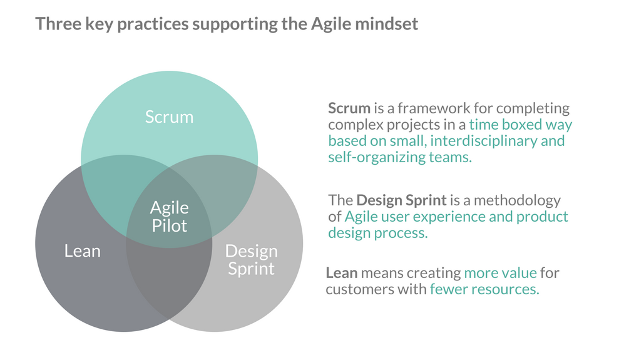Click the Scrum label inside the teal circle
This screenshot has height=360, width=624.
(169, 117)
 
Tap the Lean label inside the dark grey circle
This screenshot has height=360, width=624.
(83, 251)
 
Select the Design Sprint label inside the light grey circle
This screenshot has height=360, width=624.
(251, 260)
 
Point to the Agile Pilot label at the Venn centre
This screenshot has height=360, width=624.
(169, 217)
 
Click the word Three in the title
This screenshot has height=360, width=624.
(58, 24)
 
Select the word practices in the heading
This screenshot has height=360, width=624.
(153, 24)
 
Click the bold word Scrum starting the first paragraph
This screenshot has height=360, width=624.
(349, 108)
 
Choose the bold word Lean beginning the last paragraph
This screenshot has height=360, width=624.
(342, 273)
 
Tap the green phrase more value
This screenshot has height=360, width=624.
(500, 273)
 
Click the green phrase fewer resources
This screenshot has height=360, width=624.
(484, 289)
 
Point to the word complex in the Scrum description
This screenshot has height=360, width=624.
(355, 125)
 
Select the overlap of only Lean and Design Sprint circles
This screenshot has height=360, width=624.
(169, 279)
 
